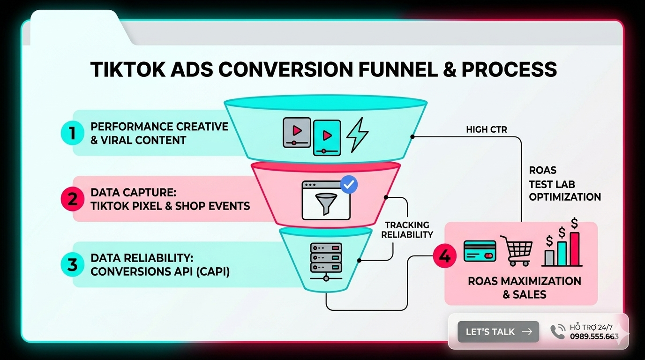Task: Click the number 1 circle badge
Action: coord(72,133)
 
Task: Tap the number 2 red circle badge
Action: coord(72,199)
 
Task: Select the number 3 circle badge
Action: coord(72,264)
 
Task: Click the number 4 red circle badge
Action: coord(444,256)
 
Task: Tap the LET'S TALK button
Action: coord(498,331)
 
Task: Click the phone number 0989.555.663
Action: coord(594,336)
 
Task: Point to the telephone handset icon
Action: coord(558,331)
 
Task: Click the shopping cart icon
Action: coord(517,250)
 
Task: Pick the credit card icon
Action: coord(480,251)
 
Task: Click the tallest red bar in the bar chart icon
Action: coord(574,249)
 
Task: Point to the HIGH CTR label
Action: coord(486,129)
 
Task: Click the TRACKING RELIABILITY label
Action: coord(407,230)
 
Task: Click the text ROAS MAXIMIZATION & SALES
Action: coord(524,288)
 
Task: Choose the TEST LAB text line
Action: coord(552,184)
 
